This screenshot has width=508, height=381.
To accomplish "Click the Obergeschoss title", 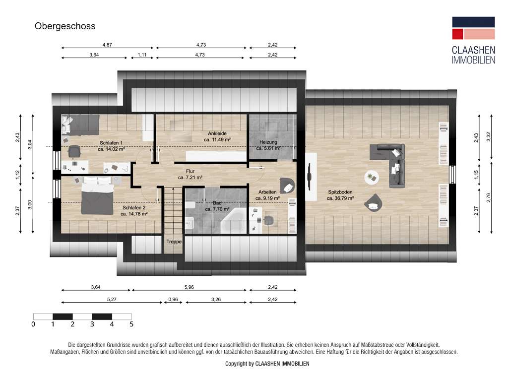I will (x=64, y=26).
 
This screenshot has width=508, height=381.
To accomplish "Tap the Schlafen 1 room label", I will (x=111, y=143).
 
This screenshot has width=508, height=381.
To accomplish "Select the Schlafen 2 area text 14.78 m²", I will (x=134, y=214).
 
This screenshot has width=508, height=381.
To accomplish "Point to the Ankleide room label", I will (x=217, y=133).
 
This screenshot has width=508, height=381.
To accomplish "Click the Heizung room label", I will (x=268, y=142).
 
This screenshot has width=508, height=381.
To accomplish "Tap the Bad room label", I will (x=217, y=203).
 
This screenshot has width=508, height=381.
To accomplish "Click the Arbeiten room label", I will (x=267, y=191).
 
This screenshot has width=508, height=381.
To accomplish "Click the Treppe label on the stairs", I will (x=174, y=242).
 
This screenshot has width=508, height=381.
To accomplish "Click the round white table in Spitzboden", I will (x=371, y=177).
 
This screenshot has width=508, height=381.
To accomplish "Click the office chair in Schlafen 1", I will (x=74, y=151).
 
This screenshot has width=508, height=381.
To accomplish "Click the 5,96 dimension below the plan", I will (x=189, y=287).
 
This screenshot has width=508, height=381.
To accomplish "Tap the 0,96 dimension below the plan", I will (x=173, y=299).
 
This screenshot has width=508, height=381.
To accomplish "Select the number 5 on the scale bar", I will (x=131, y=324).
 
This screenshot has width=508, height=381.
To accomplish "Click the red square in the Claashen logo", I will (x=457, y=34).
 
